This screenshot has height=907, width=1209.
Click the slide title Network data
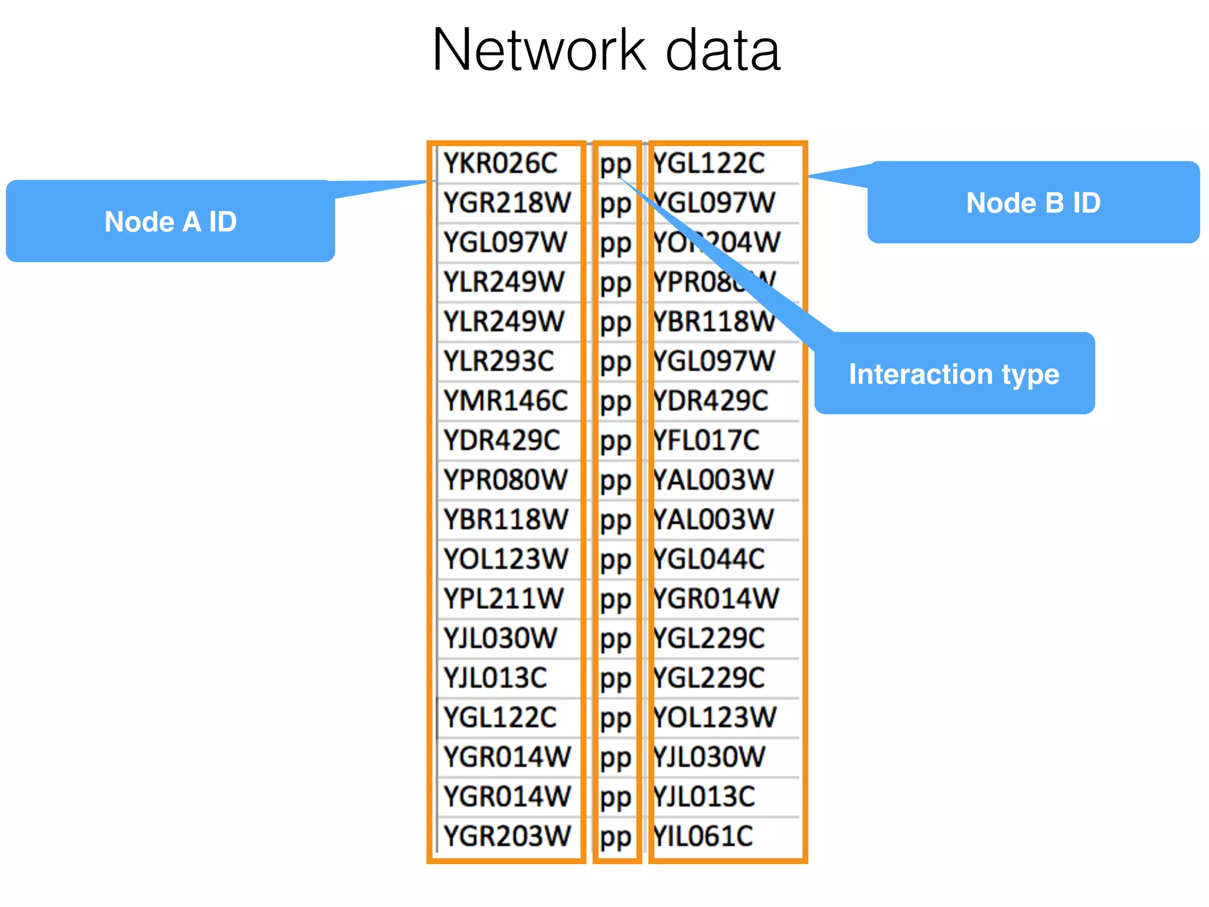tap(606, 51)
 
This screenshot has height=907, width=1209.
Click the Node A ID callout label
tap(170, 222)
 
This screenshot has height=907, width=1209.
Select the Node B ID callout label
tap(1032, 203)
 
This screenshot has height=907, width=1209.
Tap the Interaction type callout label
tap(953, 374)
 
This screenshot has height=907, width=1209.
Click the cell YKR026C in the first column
tap(500, 164)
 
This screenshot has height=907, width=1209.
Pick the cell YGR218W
tap(507, 203)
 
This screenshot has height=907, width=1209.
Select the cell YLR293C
tap(499, 361)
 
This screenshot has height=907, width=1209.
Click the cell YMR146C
tap(505, 401)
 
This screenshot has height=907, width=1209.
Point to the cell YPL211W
tap(504, 599)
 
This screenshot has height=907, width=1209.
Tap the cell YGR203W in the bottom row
tap(507, 836)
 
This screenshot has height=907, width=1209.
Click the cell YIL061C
tap(703, 836)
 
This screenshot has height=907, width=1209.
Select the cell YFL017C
tap(707, 441)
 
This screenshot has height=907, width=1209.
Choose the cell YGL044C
tap(709, 559)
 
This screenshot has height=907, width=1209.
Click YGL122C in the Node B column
tap(709, 164)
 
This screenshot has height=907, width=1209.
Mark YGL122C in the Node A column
tap(500, 717)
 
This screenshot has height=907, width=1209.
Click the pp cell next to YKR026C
tap(616, 165)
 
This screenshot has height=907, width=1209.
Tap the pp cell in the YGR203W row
tap(616, 837)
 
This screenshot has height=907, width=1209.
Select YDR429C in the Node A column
tap(502, 441)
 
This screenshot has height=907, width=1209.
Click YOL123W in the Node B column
tap(714, 717)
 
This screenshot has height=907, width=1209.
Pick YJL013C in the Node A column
tap(495, 678)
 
